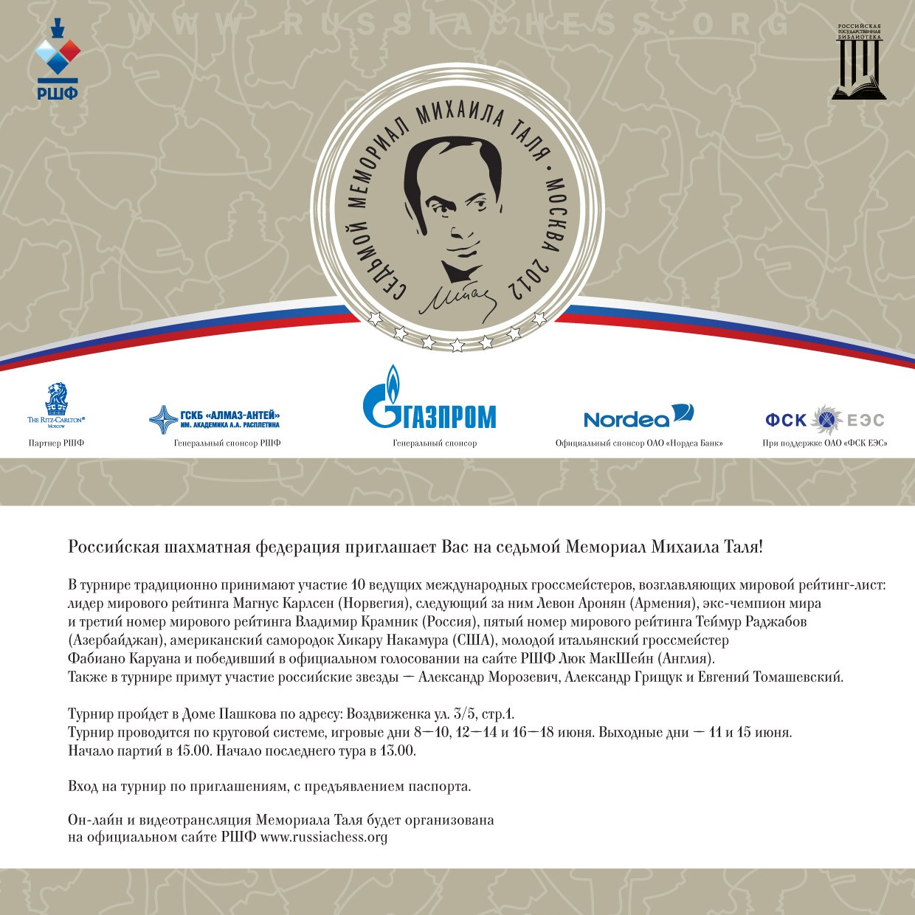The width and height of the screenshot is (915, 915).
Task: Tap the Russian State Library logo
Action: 859,62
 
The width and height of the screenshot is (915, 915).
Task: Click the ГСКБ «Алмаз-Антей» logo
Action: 215,419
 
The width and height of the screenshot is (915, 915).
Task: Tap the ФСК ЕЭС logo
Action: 824,420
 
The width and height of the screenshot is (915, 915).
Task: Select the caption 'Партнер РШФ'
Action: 56,443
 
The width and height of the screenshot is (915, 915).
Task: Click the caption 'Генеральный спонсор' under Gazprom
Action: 435,443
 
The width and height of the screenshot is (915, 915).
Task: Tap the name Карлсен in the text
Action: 308,604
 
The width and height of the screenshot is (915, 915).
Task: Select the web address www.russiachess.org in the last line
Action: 324,838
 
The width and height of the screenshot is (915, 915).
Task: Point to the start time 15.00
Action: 193,751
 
